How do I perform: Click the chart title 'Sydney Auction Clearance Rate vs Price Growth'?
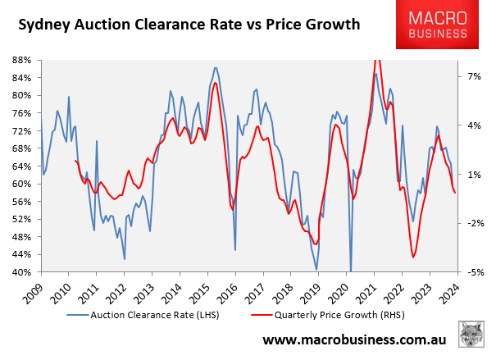189,24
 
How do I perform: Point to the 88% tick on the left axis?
21,60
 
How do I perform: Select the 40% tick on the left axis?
21,272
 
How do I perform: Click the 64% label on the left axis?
21,166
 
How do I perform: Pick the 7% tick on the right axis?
477,76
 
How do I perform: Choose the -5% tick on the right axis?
476,272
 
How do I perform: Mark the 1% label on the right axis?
477,175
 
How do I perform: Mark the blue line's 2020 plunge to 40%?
351,270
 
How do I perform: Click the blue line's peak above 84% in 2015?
215,68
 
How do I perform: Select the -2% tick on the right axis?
476,223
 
